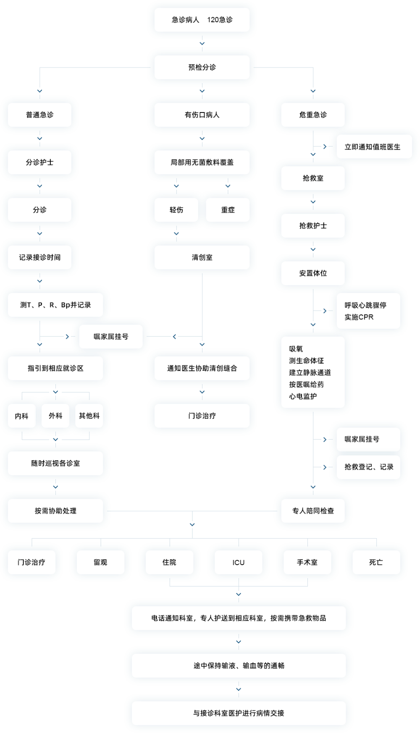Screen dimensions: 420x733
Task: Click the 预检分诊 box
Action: (x=202, y=67)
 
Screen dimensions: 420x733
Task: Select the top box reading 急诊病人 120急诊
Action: (x=202, y=20)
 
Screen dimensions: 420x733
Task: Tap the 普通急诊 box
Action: (x=39, y=115)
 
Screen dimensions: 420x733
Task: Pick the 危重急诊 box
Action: (x=313, y=115)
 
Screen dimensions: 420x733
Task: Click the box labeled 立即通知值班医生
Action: (x=374, y=147)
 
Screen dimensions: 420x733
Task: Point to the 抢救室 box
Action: (x=313, y=178)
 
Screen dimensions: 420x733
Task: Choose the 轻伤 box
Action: (x=176, y=209)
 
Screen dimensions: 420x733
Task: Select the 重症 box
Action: (x=228, y=209)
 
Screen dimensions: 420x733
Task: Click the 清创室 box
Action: (x=202, y=257)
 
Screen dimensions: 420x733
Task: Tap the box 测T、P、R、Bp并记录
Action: (x=55, y=305)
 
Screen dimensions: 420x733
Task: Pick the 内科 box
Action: (x=21, y=416)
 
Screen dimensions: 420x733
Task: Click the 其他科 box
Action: (x=89, y=416)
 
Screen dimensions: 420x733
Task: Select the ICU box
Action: (x=239, y=562)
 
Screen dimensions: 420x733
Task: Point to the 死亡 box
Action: (x=376, y=562)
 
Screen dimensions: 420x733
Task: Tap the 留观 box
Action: (x=100, y=562)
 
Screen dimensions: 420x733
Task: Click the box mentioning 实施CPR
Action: (x=368, y=311)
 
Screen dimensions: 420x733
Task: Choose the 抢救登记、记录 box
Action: (x=368, y=467)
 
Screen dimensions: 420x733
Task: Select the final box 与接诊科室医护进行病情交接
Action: (x=239, y=713)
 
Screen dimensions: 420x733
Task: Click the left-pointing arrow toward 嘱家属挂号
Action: (x=174, y=336)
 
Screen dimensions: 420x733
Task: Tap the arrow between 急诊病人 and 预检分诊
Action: (x=202, y=44)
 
